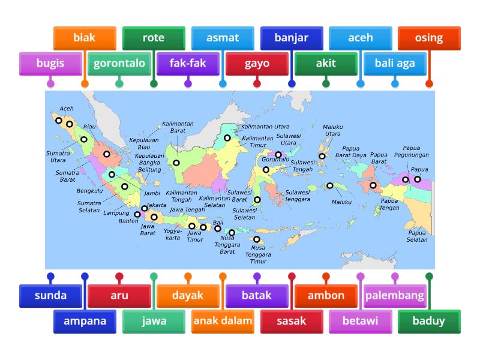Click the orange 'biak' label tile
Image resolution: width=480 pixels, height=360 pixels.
coord(84,38)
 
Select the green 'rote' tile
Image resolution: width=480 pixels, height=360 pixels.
coord(153,38)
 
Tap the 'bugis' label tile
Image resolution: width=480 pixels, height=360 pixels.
coord(50,63)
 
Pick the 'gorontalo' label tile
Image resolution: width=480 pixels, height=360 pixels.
coord(119,63)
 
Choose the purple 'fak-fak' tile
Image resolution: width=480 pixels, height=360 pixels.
coord(188,63)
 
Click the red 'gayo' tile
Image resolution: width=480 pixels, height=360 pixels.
coord(257,63)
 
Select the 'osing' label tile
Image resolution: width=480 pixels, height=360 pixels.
coord(429,38)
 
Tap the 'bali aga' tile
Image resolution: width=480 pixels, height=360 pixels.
coord(395,63)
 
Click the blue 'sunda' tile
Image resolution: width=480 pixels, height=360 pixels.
coord(50,295)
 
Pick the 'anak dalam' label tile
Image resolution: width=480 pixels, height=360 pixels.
coord(223,320)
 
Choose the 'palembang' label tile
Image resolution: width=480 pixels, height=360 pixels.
coord(395,295)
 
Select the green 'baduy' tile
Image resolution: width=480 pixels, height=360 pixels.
coord(429,320)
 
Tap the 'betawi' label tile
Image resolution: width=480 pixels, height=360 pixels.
coord(360,320)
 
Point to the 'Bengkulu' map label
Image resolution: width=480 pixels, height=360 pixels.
coord(89,191)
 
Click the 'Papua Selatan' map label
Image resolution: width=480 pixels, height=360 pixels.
coord(418,236)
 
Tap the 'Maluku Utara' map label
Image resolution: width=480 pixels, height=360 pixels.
coord(333,130)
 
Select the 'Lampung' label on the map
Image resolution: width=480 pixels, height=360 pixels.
coord(116,213)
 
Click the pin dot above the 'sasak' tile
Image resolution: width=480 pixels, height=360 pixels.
coord(292,277)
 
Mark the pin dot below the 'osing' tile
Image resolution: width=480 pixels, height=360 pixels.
coord(429,84)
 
